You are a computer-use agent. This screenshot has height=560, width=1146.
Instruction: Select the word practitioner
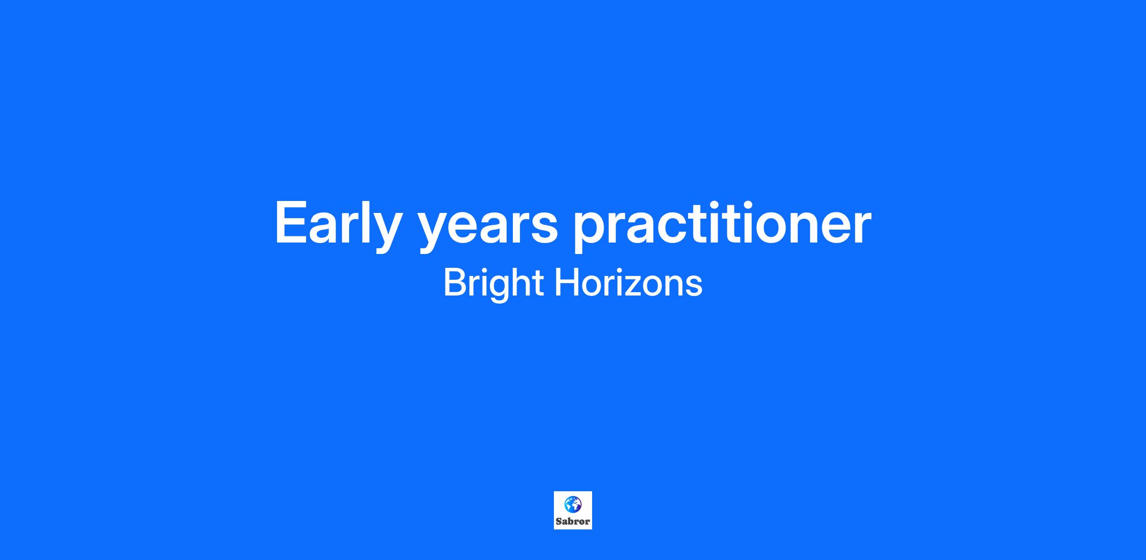722,224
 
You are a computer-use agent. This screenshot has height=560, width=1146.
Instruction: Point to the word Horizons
628,283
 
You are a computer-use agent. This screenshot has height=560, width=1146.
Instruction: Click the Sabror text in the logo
573,521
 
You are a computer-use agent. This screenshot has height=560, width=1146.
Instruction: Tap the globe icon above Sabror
573,505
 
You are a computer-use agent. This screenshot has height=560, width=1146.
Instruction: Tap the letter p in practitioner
590,232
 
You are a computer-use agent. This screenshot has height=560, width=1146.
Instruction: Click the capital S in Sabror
559,521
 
